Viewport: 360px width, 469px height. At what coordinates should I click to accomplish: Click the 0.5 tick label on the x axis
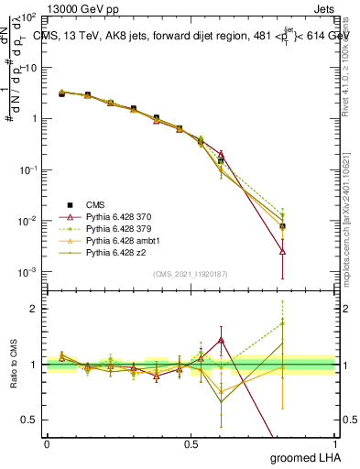click(191, 442)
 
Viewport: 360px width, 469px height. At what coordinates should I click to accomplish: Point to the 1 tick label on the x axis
click(335, 442)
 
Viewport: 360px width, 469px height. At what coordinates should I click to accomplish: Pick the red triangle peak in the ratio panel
click(221, 340)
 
